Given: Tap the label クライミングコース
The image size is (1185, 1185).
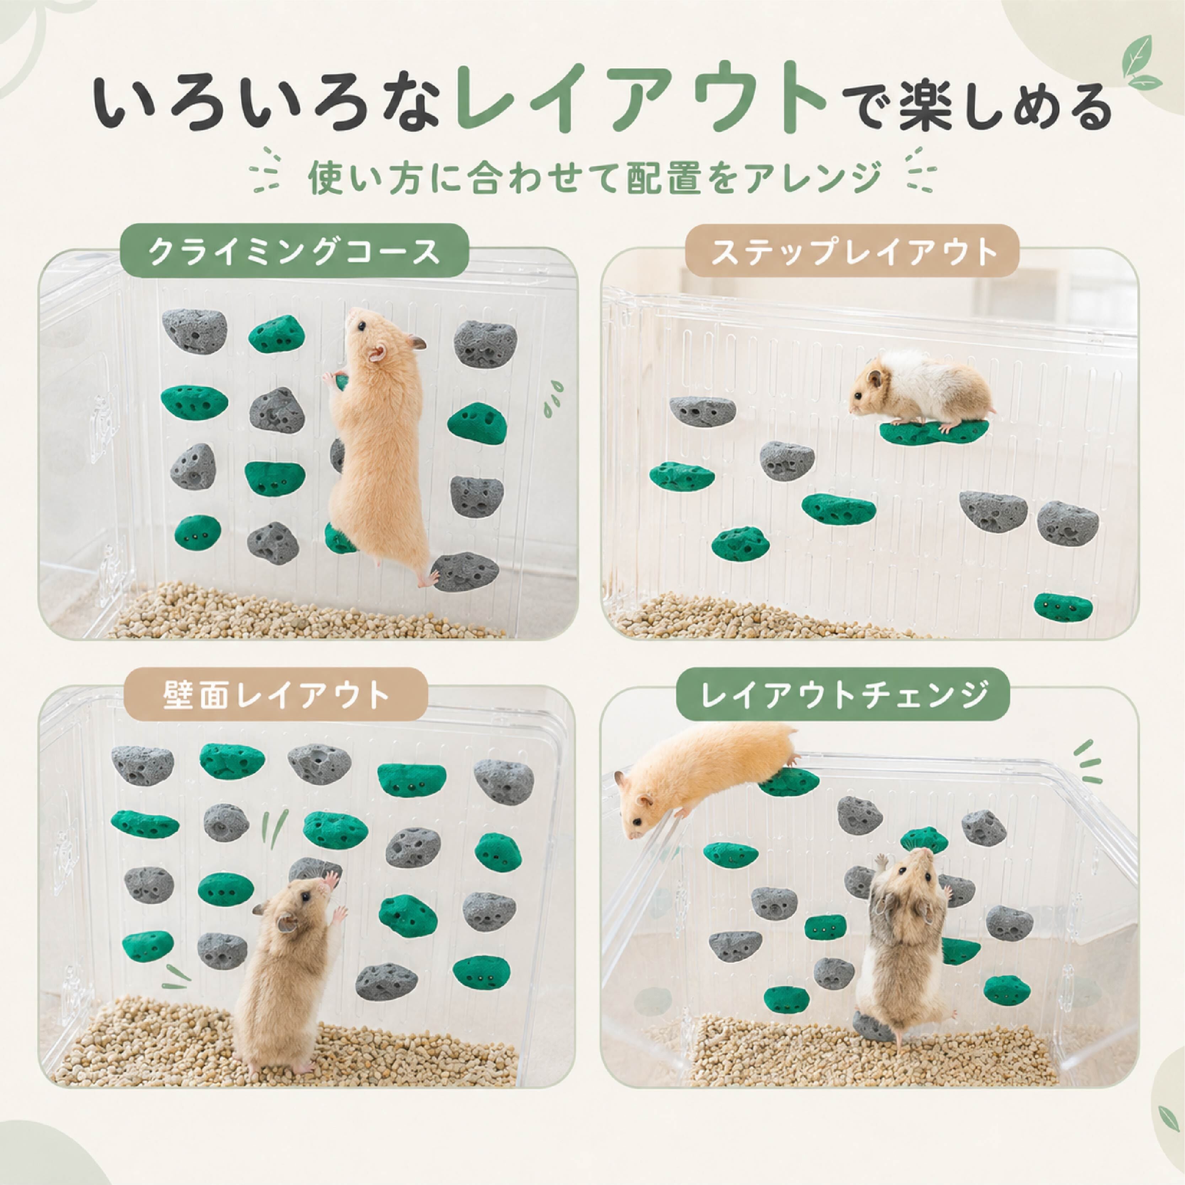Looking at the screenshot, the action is pyautogui.click(x=294, y=253).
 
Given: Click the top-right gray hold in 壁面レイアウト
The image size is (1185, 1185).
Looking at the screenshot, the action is pyautogui.click(x=504, y=782).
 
